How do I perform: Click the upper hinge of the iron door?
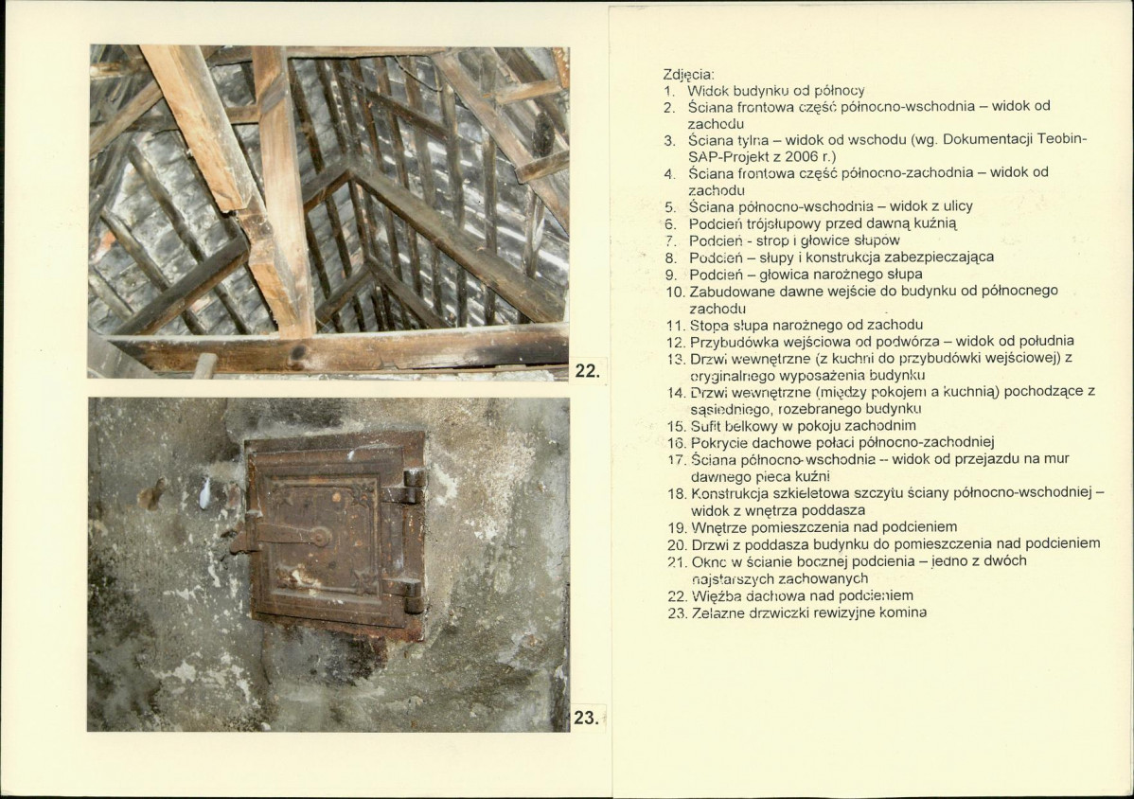pos(409,486)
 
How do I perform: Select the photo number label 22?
pos(587,371)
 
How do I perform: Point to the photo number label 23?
pos(587,718)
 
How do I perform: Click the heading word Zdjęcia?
pos(688,75)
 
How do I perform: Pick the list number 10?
pos(675,292)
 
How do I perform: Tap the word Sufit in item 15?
pos(704,425)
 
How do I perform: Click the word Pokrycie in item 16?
pos(716,442)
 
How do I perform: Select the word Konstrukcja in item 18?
pos(726,493)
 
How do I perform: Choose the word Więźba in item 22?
pos(713,595)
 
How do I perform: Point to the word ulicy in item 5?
pos(957,206)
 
